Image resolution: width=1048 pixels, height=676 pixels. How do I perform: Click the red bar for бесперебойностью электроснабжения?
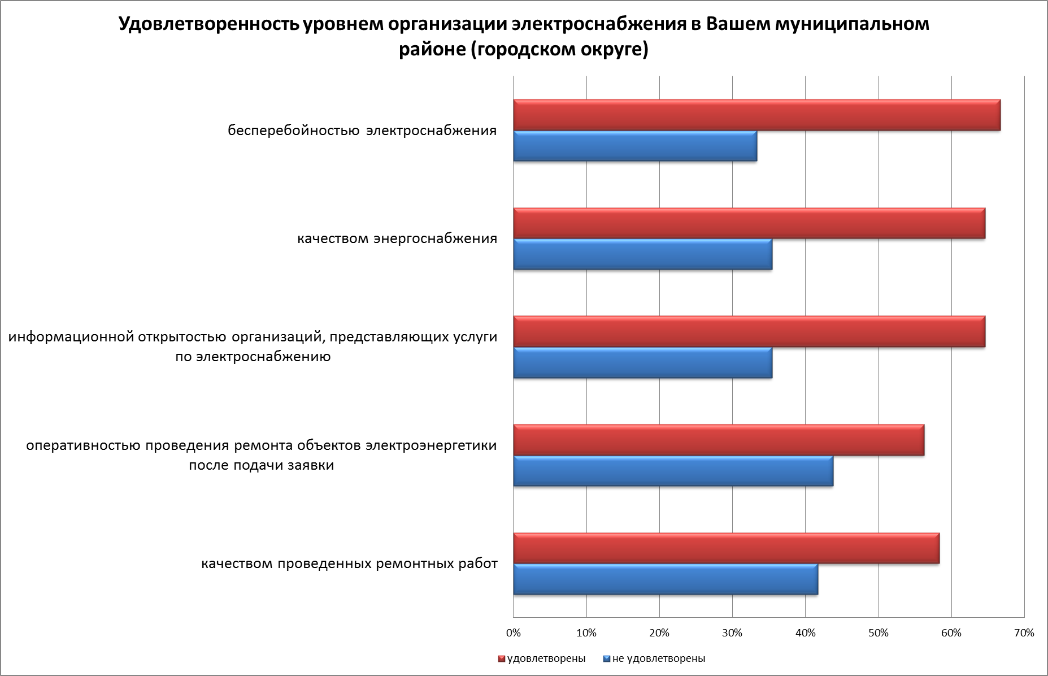point(756,115)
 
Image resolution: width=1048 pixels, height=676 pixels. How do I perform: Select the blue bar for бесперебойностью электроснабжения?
point(635,146)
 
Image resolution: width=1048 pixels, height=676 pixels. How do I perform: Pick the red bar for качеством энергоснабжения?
point(749,223)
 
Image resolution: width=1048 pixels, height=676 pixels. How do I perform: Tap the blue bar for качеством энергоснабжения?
point(642,254)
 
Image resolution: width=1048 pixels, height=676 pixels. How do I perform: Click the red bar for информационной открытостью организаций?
point(749,332)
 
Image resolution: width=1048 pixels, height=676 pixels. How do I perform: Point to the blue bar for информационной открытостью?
point(642,363)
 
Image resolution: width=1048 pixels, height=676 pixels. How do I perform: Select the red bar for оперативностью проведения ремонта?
point(719,440)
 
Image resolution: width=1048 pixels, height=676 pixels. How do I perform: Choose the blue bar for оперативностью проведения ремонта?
point(673,471)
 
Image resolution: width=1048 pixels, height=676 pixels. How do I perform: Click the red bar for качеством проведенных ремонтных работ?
point(726,548)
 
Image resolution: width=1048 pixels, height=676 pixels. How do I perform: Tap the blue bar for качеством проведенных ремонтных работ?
point(666,579)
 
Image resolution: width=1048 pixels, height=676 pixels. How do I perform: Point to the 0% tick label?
point(514,633)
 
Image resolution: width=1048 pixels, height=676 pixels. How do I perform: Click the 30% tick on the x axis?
point(732,633)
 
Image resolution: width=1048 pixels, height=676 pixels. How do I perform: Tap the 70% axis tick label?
point(1024,633)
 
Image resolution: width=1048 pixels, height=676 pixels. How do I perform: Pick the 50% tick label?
point(879,633)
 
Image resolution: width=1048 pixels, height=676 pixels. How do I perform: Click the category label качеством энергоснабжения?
point(397,239)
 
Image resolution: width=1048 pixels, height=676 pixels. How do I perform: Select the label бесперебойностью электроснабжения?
point(362,131)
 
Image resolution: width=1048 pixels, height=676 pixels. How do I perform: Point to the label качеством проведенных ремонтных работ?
point(349,564)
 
